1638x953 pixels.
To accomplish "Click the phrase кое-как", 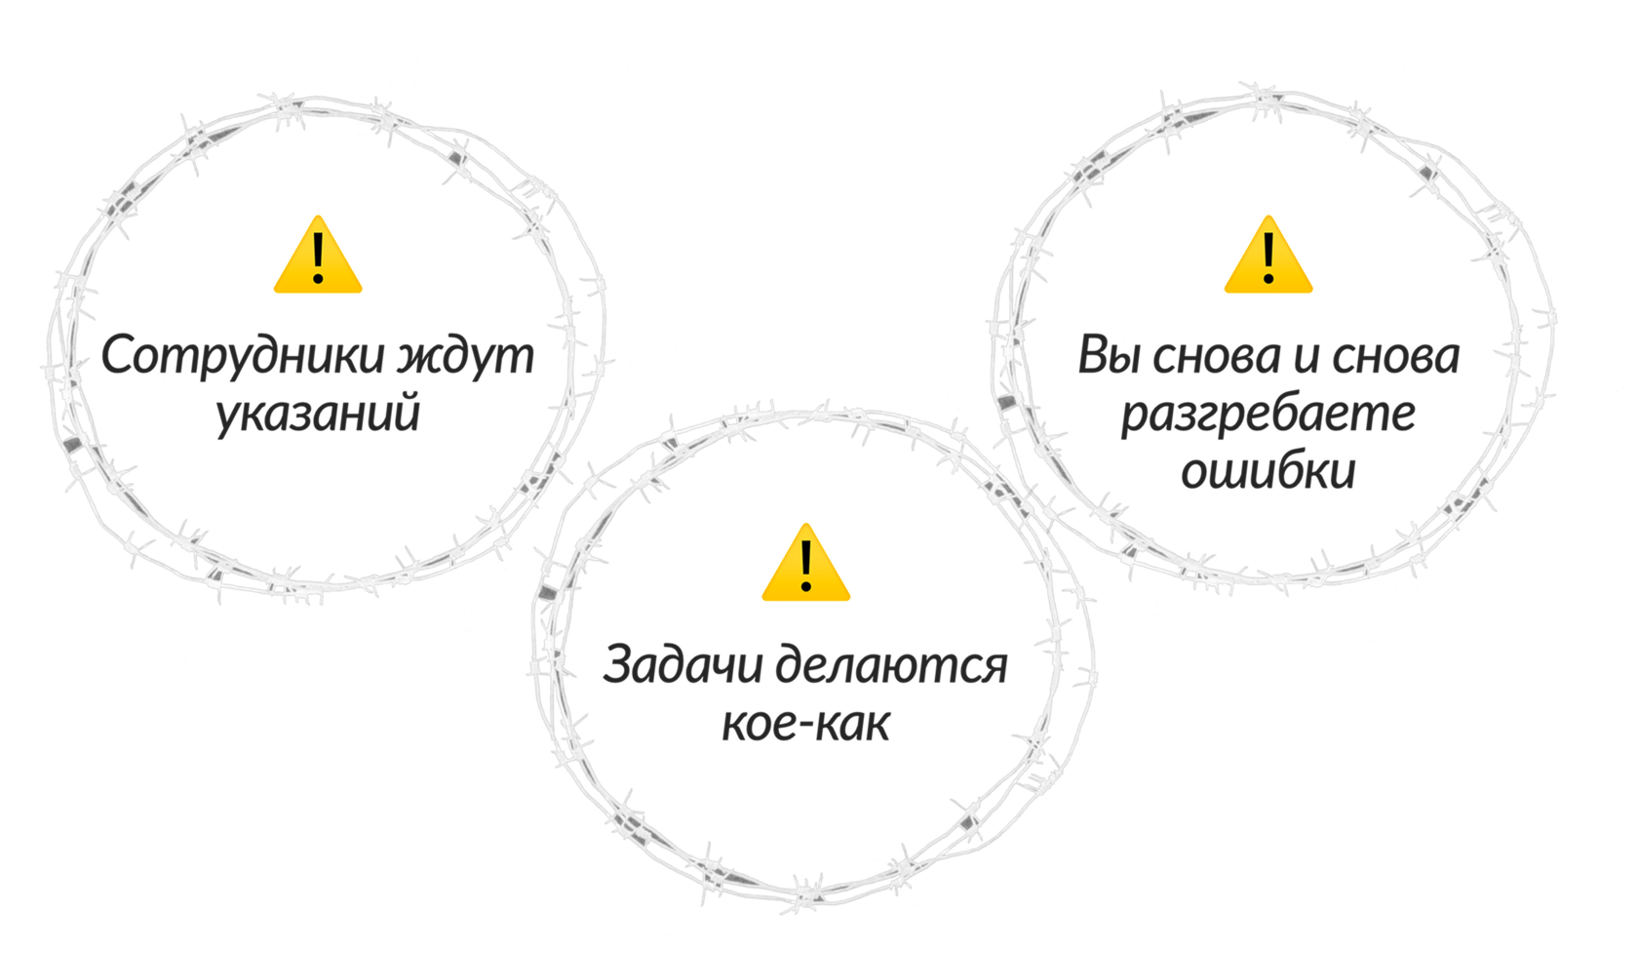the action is coord(805,724).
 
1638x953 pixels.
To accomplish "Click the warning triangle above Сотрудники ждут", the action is coord(318,257).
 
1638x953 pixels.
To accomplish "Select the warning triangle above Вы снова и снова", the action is coord(1267,257).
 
